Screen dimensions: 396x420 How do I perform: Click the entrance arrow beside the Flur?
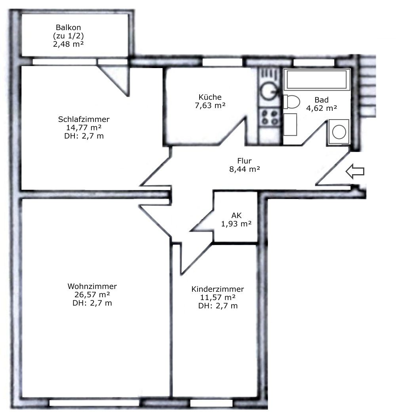pyautogui.click(x=355, y=171)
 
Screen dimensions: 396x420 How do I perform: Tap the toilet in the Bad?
pyautogui.click(x=292, y=102)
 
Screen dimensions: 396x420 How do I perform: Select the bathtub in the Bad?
pyautogui.click(x=317, y=79)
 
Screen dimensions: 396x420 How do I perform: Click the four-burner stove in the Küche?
pyautogui.click(x=269, y=118)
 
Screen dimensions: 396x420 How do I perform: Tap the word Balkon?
pyautogui.click(x=69, y=27)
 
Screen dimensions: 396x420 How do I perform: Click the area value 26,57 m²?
pyautogui.click(x=92, y=295)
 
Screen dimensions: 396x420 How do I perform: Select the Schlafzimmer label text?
pyautogui.click(x=84, y=119)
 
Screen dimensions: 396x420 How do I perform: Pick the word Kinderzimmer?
pyautogui.click(x=217, y=289)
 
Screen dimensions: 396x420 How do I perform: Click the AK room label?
pyautogui.click(x=236, y=215)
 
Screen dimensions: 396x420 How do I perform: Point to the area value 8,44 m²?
pyautogui.click(x=245, y=169)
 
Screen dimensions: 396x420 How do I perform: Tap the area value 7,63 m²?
pyautogui.click(x=210, y=106)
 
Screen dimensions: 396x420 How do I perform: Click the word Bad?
pyautogui.click(x=322, y=100)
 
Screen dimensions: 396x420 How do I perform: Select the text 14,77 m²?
pyautogui.click(x=84, y=127)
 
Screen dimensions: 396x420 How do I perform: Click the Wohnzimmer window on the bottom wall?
pyautogui.click(x=94, y=403)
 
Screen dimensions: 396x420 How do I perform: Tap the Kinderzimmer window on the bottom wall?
pyautogui.click(x=211, y=403)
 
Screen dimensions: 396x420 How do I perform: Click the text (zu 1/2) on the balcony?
pyautogui.click(x=69, y=36)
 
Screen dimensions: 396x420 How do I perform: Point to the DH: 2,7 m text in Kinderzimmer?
pyautogui.click(x=218, y=306)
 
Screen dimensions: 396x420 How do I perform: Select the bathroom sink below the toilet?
pyautogui.click(x=290, y=124)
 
